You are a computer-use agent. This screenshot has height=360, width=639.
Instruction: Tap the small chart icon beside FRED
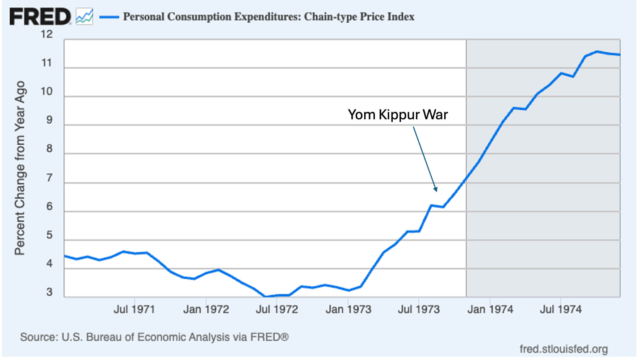[84, 17]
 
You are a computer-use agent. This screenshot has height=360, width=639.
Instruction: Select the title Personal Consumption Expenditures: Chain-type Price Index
[269, 17]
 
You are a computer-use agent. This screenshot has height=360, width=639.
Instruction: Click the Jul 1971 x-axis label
[135, 309]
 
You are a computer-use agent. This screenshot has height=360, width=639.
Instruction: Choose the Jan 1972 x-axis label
[206, 309]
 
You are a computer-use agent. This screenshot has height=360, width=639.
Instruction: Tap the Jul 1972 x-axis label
[276, 309]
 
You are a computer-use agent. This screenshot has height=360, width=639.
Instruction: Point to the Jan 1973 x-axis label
[348, 309]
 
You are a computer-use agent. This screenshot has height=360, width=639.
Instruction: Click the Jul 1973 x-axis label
[418, 309]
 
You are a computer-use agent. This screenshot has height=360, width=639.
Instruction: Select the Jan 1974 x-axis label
[490, 309]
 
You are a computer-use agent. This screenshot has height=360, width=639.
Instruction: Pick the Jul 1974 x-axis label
[560, 309]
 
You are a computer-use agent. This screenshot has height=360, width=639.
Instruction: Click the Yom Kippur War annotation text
[398, 115]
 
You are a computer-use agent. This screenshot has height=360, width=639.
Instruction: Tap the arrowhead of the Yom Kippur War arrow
[435, 189]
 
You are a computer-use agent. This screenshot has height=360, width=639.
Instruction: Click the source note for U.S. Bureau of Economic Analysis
[154, 337]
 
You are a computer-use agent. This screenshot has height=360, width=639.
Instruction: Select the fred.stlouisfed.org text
[564, 348]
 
